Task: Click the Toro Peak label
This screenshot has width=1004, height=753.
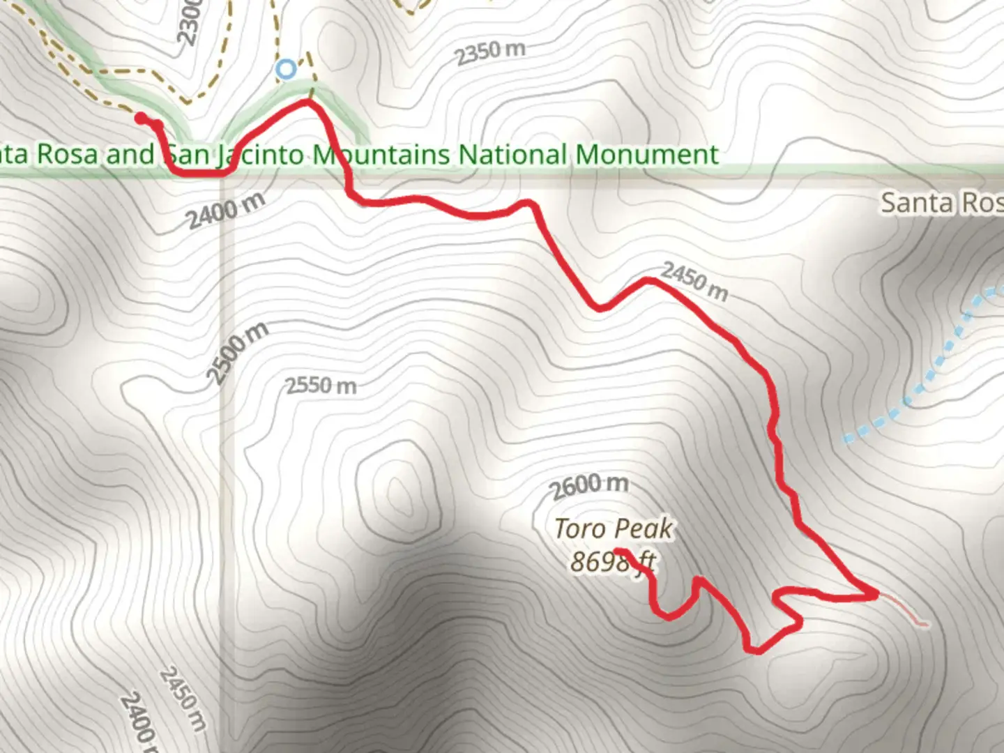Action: coord(614,528)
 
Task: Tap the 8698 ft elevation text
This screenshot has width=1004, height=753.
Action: coord(613,561)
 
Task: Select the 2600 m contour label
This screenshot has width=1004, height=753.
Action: coord(590,485)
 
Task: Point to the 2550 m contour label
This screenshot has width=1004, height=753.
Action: coord(321,385)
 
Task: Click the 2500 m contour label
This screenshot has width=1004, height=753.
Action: coord(237,353)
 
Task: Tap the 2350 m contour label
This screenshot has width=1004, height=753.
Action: coord(490,52)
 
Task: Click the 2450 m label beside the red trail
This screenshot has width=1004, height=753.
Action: coord(694,281)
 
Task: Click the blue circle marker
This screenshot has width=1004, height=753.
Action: coord(285,69)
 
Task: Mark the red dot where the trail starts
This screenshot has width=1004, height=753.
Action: coord(141,119)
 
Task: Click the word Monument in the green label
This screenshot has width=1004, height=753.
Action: coord(647,154)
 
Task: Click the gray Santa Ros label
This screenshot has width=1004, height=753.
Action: coord(941,203)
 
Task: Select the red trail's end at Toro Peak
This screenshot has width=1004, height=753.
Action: coord(620,552)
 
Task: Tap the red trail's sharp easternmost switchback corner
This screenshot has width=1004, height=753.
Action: coord(875,594)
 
